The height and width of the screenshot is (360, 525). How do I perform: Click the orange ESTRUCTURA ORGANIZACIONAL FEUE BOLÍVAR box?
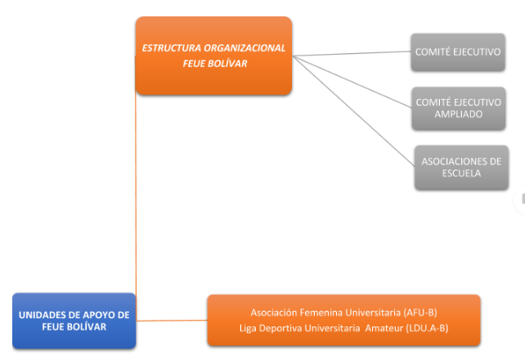[x=213, y=56]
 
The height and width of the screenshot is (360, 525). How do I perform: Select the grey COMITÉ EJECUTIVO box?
[x=458, y=52]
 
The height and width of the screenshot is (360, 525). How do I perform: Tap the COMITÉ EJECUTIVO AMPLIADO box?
[x=459, y=108]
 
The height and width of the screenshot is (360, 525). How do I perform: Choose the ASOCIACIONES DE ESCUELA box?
[x=461, y=168]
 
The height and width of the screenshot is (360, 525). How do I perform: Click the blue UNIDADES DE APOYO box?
[x=74, y=321]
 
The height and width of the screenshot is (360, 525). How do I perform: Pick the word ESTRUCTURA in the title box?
[x=172, y=48]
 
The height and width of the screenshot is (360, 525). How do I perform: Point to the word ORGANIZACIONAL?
[x=245, y=48]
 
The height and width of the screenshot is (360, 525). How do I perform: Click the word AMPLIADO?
[x=459, y=115]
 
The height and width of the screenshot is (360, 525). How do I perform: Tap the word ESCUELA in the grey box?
[x=461, y=173]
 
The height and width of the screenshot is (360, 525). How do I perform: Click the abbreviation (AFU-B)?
[x=420, y=313]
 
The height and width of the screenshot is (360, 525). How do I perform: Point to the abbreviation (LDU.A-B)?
[x=427, y=328]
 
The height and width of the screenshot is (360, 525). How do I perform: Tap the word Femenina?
[x=321, y=313]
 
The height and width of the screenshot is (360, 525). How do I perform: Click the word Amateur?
[x=384, y=328]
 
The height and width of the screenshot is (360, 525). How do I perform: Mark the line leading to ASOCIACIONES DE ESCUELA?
[x=353, y=110]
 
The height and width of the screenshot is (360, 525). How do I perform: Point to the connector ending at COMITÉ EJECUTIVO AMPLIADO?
[x=352, y=82]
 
